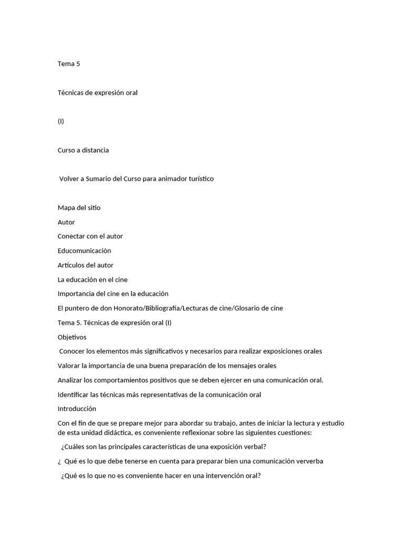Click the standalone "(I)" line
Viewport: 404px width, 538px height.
(x=61, y=121)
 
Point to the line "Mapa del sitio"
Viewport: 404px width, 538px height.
(x=79, y=208)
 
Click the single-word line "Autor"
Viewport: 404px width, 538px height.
(x=66, y=222)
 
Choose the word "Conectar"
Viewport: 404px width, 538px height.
(x=71, y=236)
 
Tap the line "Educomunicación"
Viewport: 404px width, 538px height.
(x=84, y=251)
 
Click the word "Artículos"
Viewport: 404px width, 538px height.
(x=71, y=265)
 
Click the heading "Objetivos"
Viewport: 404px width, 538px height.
(x=72, y=337)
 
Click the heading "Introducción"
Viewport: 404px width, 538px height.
(x=77, y=409)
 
